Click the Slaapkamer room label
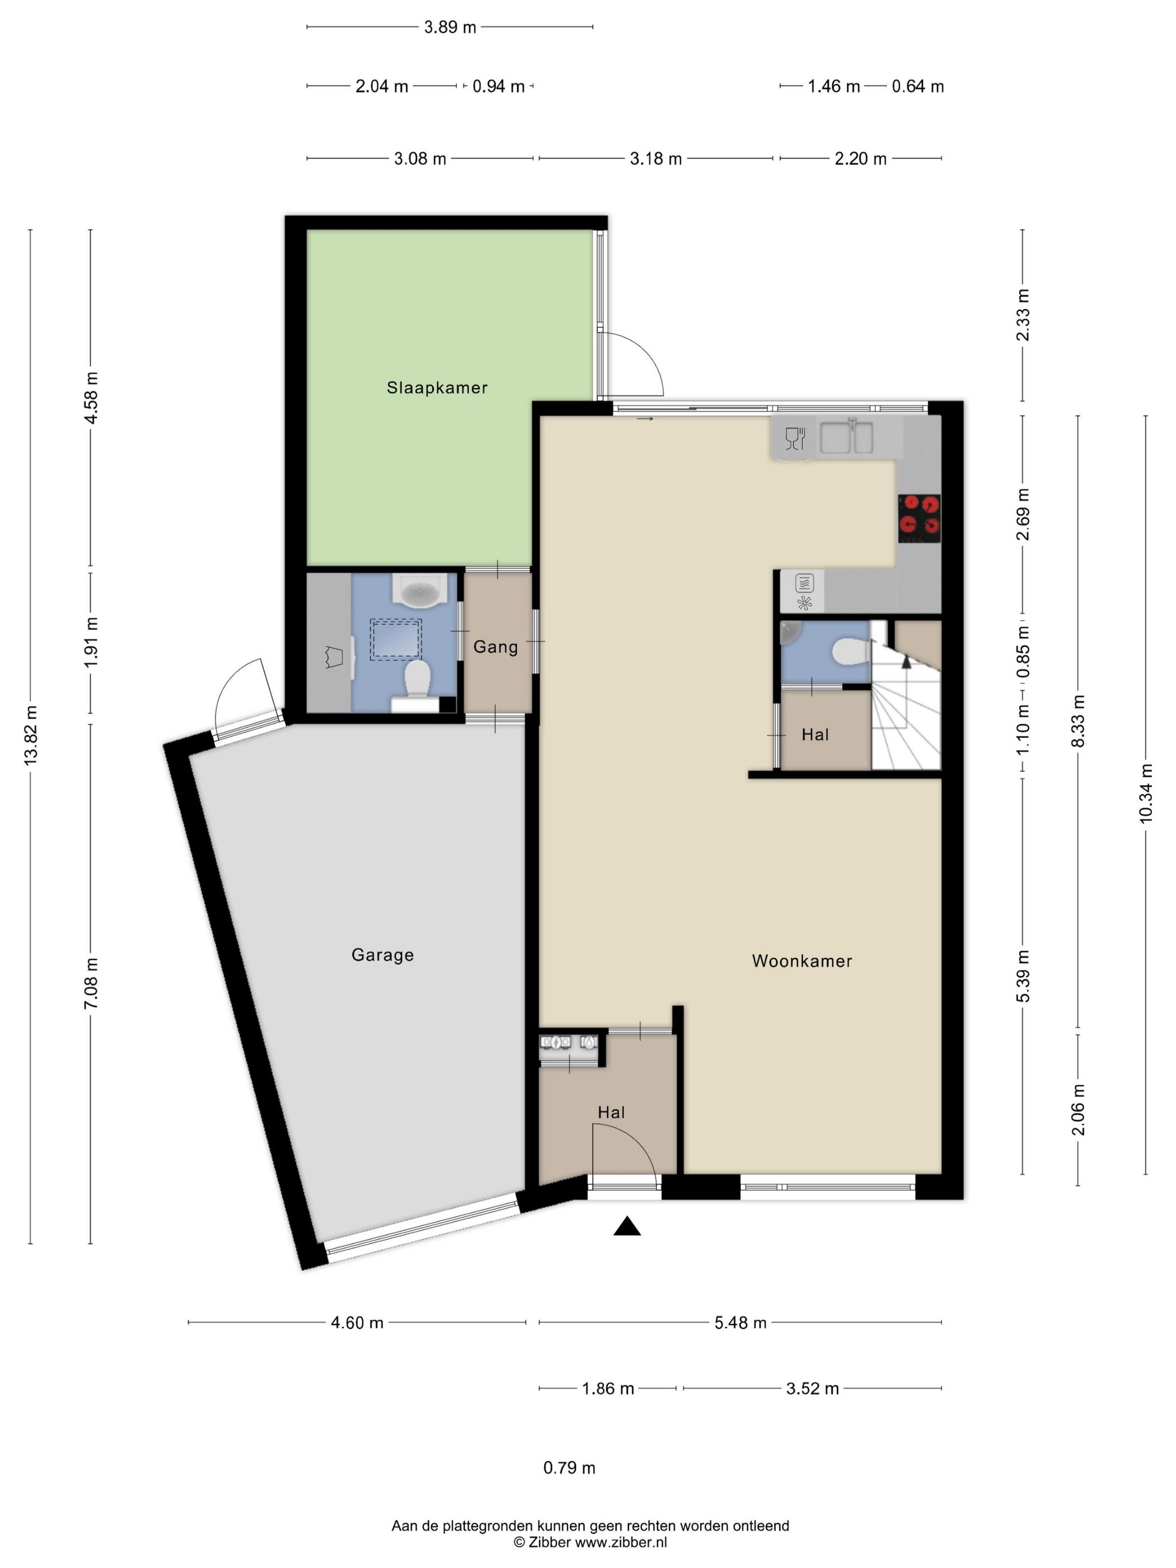[437, 388]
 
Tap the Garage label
[383, 955]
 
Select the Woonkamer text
[802, 960]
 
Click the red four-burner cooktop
[920, 518]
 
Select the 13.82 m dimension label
[30, 735]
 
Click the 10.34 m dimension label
[1146, 792]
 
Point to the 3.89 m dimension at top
[450, 27]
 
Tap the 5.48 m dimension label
[740, 1323]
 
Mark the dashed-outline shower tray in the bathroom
[395, 640]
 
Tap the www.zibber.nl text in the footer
[620, 1542]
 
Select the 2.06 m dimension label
[1077, 1110]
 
